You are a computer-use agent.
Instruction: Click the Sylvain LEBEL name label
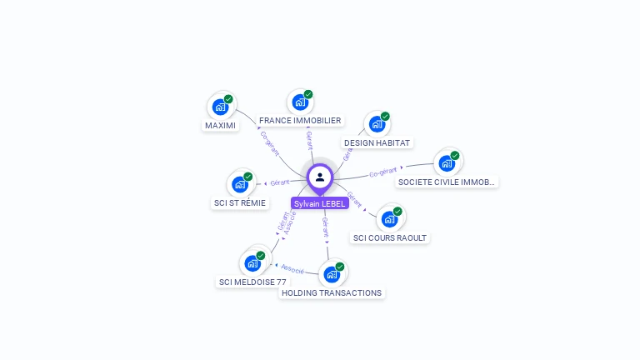click(x=319, y=203)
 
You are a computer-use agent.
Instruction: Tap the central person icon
click(x=320, y=177)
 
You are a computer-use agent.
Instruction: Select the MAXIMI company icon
click(x=220, y=107)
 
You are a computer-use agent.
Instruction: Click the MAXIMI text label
click(x=220, y=126)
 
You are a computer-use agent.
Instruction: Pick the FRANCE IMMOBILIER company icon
click(x=300, y=102)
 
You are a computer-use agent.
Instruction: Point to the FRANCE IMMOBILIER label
click(x=300, y=121)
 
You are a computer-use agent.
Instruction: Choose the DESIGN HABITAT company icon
click(x=377, y=124)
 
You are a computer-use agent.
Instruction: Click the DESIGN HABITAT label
click(x=377, y=143)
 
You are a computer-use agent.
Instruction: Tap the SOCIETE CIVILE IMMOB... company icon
click(x=447, y=163)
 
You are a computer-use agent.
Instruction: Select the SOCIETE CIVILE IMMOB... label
click(x=447, y=182)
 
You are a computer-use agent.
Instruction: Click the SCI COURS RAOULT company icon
click(x=389, y=219)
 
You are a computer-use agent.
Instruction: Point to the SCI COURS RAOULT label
click(x=389, y=238)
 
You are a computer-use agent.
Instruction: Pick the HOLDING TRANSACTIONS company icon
click(x=332, y=274)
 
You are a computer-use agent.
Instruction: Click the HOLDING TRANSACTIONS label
click(x=332, y=293)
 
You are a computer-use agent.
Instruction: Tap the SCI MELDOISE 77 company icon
click(x=252, y=263)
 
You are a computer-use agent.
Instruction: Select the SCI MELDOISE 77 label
click(x=252, y=282)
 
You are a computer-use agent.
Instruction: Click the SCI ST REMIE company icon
click(x=240, y=184)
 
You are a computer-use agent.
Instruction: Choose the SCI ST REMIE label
click(x=240, y=203)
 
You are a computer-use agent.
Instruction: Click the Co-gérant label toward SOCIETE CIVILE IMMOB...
click(x=382, y=172)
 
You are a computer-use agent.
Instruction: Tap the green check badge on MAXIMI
click(x=228, y=99)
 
